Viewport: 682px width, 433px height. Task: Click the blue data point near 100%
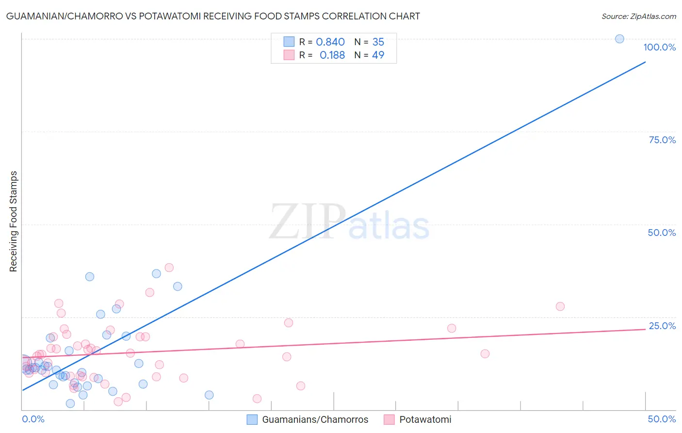click(619, 39)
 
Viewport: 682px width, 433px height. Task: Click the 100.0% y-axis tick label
click(659, 47)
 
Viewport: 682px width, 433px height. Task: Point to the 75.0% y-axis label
click(662, 140)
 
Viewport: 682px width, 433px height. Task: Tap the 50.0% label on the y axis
click(662, 233)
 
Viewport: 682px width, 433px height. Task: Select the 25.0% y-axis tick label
click(662, 326)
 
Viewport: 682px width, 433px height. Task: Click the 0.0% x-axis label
click(33, 419)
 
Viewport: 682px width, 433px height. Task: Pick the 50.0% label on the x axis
click(662, 419)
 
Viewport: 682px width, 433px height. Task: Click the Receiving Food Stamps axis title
click(14, 221)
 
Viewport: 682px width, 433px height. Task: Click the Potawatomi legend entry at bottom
click(425, 419)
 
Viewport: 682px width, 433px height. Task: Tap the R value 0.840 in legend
click(330, 42)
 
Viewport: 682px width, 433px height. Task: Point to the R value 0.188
click(332, 55)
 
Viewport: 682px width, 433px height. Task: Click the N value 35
click(378, 42)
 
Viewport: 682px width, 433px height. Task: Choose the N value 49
click(378, 55)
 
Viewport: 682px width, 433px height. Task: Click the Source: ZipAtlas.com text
click(638, 17)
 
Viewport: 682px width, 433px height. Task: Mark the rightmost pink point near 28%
click(560, 306)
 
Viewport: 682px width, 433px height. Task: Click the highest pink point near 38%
click(169, 267)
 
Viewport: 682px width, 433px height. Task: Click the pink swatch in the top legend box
click(289, 55)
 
